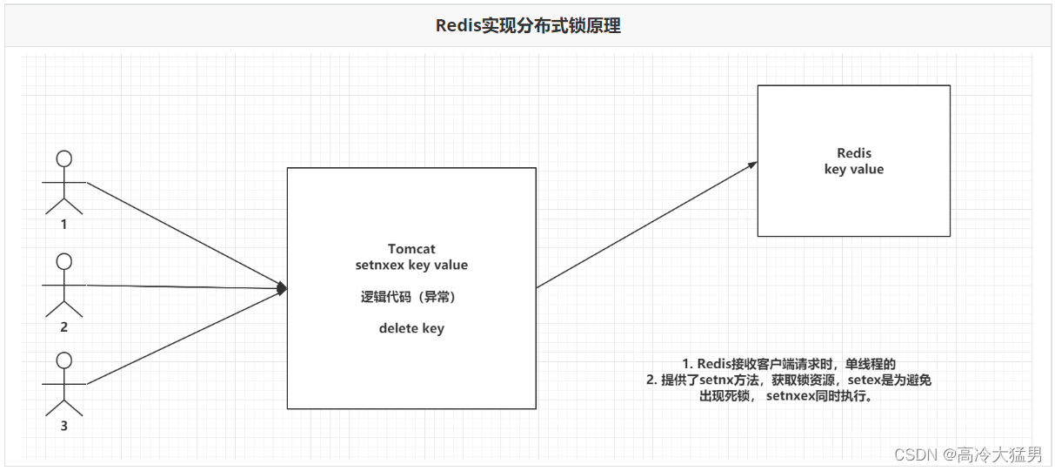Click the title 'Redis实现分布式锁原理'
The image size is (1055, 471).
[x=528, y=25]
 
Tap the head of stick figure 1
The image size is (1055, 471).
[x=63, y=158]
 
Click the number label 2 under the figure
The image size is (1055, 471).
[x=63, y=327]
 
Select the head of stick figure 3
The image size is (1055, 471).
[x=63, y=359]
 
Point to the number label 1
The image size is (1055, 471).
[x=63, y=224]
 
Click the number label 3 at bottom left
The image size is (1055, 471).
[x=63, y=426]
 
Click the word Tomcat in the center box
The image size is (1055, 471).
[x=411, y=249]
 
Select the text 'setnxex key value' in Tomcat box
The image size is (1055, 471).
[x=411, y=265]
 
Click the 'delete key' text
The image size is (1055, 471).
[x=411, y=328]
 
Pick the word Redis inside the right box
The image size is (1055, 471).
[x=853, y=153]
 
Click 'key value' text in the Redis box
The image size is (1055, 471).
[x=853, y=169]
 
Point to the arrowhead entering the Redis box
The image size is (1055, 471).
[x=751, y=165]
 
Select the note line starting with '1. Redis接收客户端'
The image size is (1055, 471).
[x=789, y=363]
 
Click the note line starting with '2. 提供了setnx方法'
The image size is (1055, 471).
[x=789, y=380]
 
